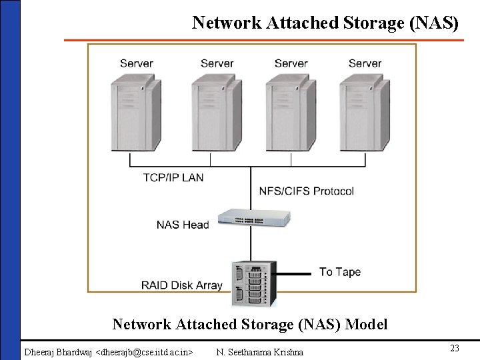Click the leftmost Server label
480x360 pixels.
pyautogui.click(x=136, y=63)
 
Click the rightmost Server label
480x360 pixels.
pyautogui.click(x=365, y=63)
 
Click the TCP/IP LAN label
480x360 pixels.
pyautogui.click(x=173, y=177)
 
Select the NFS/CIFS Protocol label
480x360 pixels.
pyautogui.click(x=307, y=191)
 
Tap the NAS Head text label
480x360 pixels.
pyautogui.click(x=183, y=225)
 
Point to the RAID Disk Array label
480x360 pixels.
pyautogui.click(x=181, y=285)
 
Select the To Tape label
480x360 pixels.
pyautogui.click(x=340, y=272)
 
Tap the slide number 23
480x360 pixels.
pyautogui.click(x=455, y=348)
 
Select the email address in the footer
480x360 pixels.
pyautogui.click(x=145, y=351)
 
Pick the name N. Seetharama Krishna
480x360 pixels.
pyautogui.click(x=260, y=351)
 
